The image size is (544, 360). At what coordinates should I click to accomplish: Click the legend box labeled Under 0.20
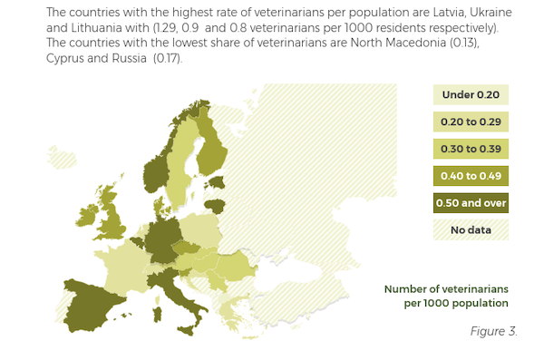coord(471,94)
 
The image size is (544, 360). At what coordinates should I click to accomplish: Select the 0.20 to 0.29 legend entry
coord(471,122)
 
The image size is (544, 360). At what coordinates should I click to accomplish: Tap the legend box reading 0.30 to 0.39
coord(471,149)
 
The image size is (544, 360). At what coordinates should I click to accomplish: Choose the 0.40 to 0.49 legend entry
coord(471,176)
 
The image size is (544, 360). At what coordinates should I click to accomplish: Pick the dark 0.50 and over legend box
coord(471,203)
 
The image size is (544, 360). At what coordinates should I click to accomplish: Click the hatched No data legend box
coord(471,230)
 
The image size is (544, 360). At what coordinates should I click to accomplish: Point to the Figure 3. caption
coord(493,330)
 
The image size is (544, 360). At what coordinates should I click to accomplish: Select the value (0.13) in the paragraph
coord(491,44)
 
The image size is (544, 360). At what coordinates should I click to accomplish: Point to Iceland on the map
coord(63,160)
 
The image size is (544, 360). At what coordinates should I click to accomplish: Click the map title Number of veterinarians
coord(446,288)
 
